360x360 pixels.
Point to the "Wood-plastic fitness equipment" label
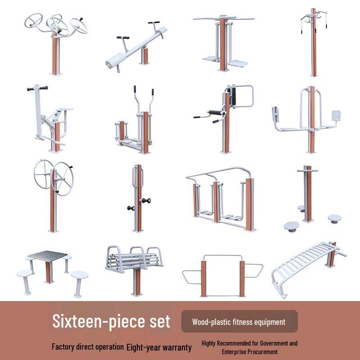[238, 322]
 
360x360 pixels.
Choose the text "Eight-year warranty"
[159, 347]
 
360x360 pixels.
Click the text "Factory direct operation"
[88, 347]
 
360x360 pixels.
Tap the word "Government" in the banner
[271, 343]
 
